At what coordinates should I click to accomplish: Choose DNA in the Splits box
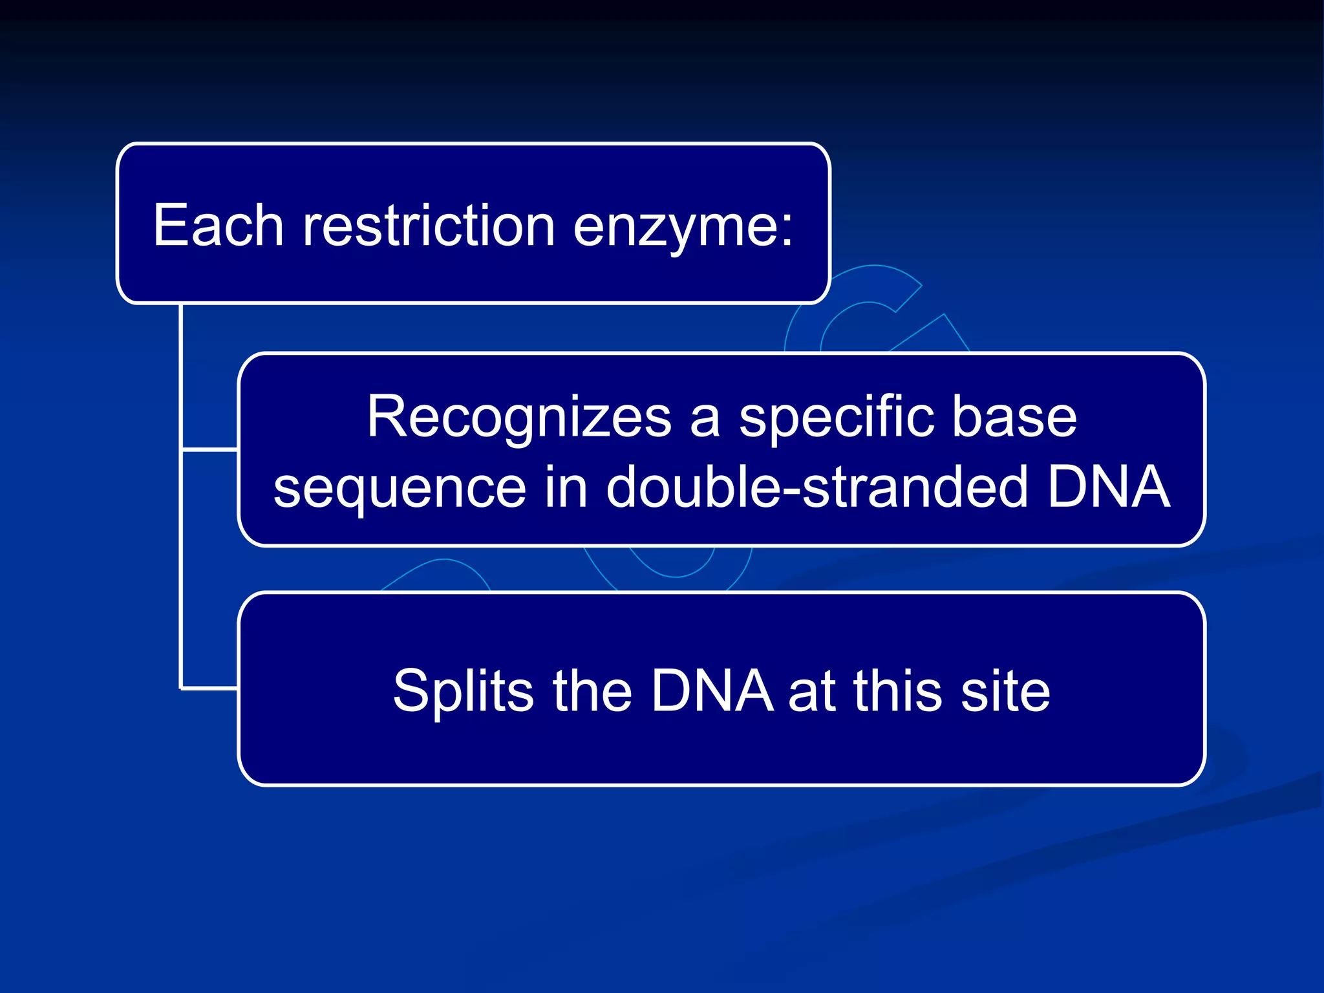coord(711,690)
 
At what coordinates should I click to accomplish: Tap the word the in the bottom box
coord(592,690)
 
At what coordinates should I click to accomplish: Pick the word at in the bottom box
coord(812,690)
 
